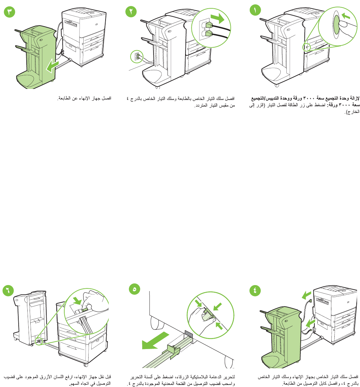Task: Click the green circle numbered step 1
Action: (x=255, y=11)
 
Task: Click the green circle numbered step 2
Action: (x=131, y=11)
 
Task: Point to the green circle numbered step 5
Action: (x=135, y=290)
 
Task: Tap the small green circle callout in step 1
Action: (x=307, y=47)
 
